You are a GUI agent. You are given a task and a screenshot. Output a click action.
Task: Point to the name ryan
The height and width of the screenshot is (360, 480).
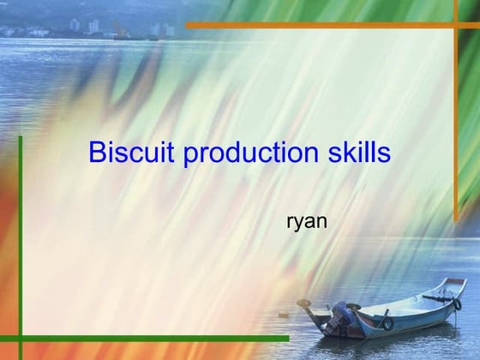[306, 222]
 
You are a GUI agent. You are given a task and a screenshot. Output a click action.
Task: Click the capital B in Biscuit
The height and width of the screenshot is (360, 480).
[97, 153]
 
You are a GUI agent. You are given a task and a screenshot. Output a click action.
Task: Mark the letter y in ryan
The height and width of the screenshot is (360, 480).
[298, 225]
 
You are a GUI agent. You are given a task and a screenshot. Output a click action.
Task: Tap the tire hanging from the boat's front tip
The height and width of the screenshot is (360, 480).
[457, 303]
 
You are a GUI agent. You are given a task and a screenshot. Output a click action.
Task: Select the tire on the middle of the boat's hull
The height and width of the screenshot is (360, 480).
[388, 323]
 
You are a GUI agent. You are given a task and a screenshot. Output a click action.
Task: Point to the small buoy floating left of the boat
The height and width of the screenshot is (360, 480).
[282, 315]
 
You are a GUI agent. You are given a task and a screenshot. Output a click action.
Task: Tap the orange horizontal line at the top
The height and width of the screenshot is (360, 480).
[326, 25]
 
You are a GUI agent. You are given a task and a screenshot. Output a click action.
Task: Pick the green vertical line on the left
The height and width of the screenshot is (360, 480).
[20, 240]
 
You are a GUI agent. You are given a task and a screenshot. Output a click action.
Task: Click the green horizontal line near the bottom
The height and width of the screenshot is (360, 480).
[154, 339]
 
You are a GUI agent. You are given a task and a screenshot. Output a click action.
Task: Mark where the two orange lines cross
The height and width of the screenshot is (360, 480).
[456, 25]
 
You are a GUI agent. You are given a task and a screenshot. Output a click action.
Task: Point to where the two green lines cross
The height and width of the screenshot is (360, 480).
[20, 339]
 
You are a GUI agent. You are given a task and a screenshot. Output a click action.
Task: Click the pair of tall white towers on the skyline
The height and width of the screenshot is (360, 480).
[91, 26]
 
